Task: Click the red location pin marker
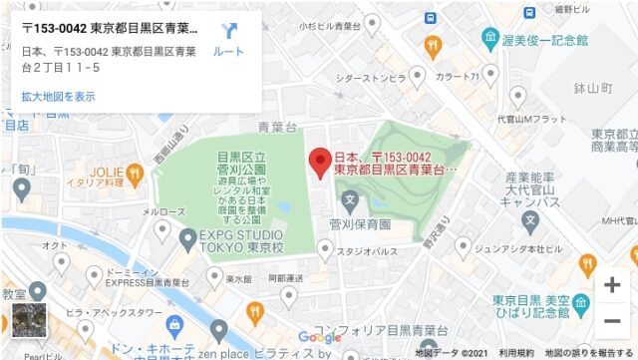coord(320,162)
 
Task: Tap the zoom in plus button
coord(611,284)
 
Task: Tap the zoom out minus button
coord(611,320)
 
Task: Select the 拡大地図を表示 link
coord(59,97)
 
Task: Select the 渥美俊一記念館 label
coord(547,41)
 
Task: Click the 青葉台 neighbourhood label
coord(277,128)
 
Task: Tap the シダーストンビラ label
coord(370,77)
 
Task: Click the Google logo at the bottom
coord(319,338)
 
